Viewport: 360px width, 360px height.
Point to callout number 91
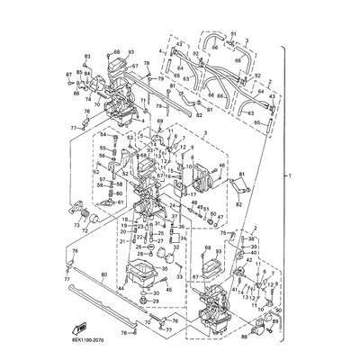click(233, 33)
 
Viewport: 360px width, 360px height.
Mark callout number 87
click(68, 74)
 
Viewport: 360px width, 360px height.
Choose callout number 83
click(87, 56)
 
